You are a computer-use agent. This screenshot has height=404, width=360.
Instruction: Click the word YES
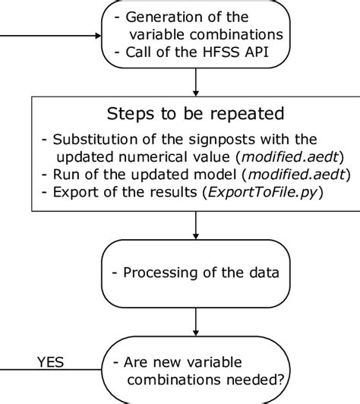coord(52,362)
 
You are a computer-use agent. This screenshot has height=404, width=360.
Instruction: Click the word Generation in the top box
coord(159,17)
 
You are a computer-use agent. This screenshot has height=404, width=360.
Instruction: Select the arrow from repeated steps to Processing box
coord(196,225)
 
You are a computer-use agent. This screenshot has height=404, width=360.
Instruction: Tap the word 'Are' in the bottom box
coord(133,361)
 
